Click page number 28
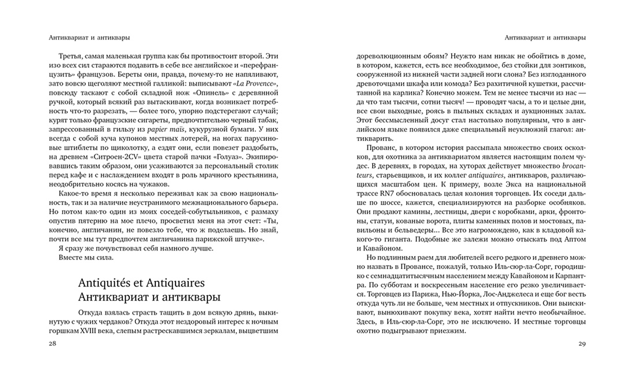coord(52,343)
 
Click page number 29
coord(582,343)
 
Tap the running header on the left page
coord(89,37)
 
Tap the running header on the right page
coord(545,37)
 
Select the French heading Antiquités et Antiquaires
coord(141,283)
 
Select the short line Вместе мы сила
coord(86,257)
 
